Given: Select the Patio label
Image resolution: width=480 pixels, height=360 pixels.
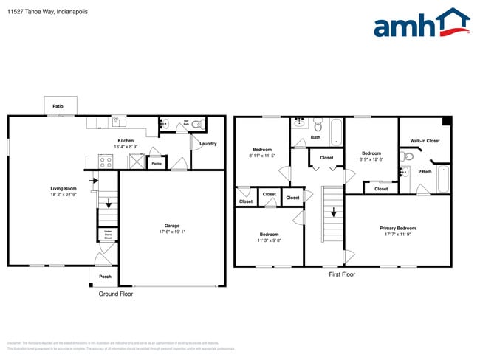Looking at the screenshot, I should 58,107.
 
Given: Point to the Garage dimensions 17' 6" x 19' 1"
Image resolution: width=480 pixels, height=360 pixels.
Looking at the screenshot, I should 172,232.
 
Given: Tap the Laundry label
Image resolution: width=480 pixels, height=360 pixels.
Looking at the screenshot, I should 208,144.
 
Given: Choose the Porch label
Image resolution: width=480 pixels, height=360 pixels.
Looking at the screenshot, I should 105,277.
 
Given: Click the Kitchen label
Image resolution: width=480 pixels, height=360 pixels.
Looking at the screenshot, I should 125,140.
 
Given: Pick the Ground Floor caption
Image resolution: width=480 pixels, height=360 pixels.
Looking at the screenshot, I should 116,294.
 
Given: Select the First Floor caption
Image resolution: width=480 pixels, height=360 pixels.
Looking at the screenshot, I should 342,274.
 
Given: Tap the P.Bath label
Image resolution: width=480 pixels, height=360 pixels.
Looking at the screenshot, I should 425,172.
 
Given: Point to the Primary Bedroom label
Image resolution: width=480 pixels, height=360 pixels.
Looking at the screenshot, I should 397,228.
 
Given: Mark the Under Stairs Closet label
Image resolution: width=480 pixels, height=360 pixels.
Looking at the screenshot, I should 108,235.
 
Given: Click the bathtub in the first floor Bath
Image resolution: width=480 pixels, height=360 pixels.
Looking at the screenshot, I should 337,132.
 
